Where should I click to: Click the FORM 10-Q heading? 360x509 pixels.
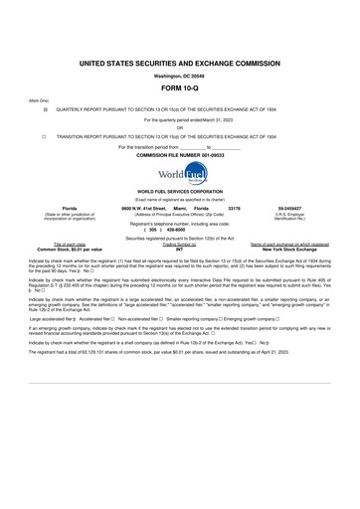point(180,88)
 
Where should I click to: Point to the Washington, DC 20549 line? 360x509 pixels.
point(180,75)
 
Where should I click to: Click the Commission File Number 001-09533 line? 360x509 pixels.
point(180,156)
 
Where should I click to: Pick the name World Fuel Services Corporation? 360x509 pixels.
point(180,191)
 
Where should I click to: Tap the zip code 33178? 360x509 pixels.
point(235,209)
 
